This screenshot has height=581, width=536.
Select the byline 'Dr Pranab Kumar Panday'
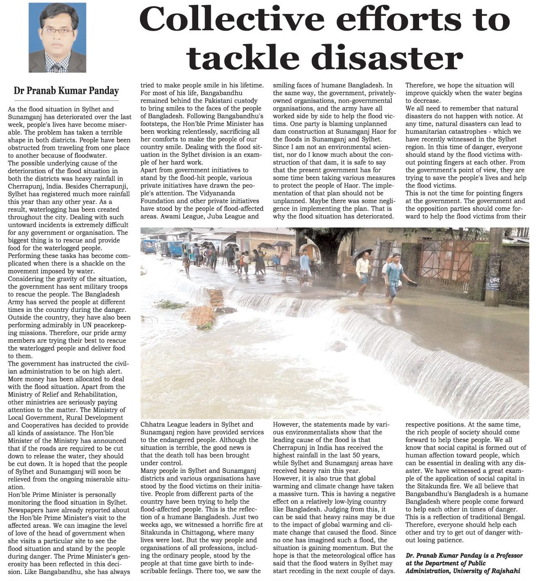(66, 91)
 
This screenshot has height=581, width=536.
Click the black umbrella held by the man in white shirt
(363, 253)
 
